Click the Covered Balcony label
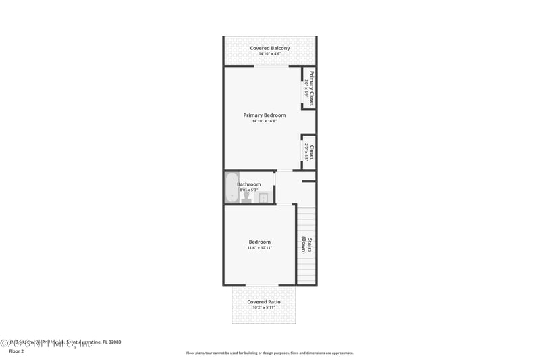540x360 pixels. [x=269, y=48]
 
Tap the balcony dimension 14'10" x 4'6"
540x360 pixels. [x=269, y=54]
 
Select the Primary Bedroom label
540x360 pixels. [x=264, y=115]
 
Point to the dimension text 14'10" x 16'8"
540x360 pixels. [x=264, y=121]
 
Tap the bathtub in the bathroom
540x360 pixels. [x=232, y=187]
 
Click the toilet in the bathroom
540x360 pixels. [x=246, y=196]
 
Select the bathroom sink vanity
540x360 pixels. [x=264, y=198]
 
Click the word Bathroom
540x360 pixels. [x=248, y=184]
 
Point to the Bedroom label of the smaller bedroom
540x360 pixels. [x=259, y=242]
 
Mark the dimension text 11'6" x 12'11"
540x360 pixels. [x=259, y=248]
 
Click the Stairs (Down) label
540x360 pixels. [x=306, y=245]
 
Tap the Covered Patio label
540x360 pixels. [x=263, y=302]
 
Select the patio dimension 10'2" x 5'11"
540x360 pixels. [x=263, y=308]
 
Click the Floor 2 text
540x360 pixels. [x=16, y=351]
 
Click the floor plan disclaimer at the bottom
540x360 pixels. [x=269, y=353]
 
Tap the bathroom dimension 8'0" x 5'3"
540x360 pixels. [x=248, y=190]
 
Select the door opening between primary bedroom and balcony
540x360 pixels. [x=270, y=66]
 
